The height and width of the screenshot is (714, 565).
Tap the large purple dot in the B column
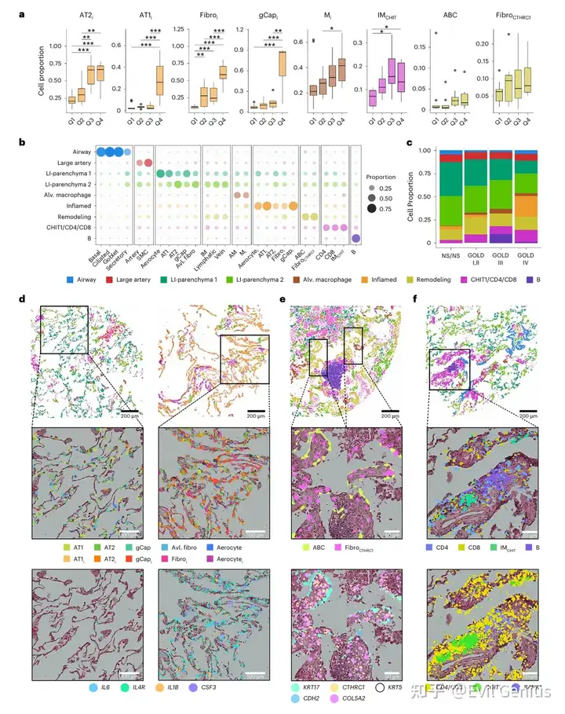coord(356,238)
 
